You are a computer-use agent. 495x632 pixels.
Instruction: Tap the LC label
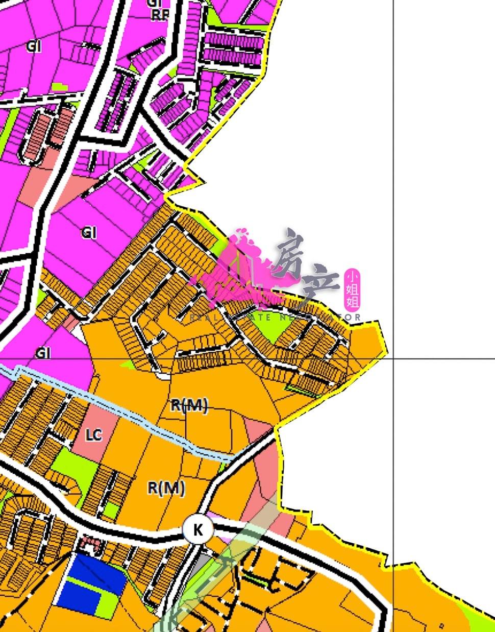(93, 435)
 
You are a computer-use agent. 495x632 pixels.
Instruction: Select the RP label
(160, 15)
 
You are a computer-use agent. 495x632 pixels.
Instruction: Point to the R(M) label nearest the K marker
(166, 489)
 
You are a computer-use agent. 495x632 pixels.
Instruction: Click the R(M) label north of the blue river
(189, 406)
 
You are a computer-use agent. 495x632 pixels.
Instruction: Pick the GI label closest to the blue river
(43, 353)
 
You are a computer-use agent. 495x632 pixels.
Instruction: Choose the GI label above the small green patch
(33, 46)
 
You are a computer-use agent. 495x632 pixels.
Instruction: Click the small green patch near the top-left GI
(60, 87)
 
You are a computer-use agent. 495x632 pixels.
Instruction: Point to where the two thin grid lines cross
(393, 358)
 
